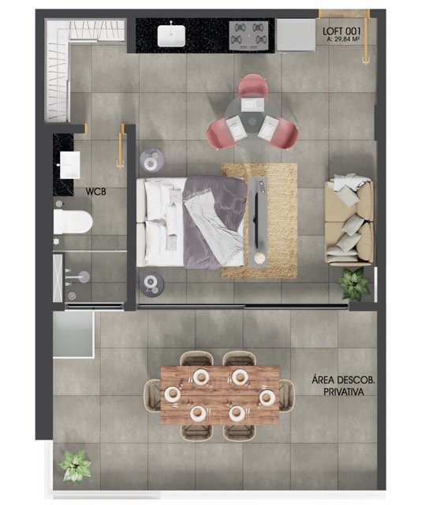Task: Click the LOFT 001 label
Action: click(x=342, y=32)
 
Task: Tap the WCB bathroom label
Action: click(x=95, y=192)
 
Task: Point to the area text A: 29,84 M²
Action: click(x=343, y=39)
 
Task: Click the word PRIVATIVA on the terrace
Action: click(x=344, y=392)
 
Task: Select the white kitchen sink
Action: click(x=171, y=36)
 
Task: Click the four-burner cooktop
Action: click(x=248, y=36)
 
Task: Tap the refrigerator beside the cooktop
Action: click(x=296, y=35)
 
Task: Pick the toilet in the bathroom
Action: click(x=73, y=222)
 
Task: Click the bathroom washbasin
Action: click(x=69, y=165)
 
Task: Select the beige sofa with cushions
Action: click(x=349, y=222)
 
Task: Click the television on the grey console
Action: click(x=256, y=221)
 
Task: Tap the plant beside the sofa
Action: click(x=354, y=284)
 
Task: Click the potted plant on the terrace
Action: click(x=75, y=466)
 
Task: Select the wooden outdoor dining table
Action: click(x=220, y=395)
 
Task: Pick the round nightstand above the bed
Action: click(x=152, y=160)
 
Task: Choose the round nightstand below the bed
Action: click(x=152, y=284)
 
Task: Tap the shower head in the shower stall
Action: click(x=84, y=277)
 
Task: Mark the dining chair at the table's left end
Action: click(x=152, y=395)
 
